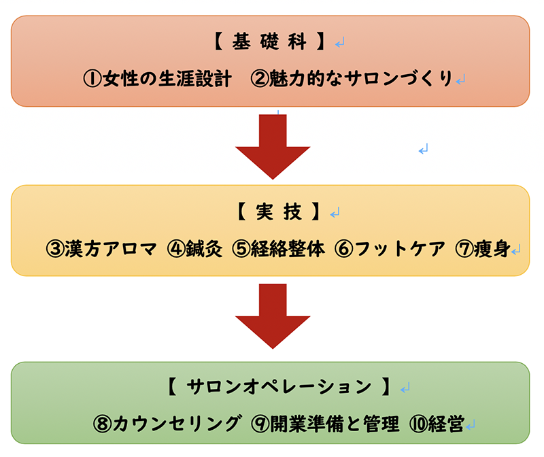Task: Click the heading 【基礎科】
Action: pos(271,43)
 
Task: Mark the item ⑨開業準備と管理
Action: pos(325,424)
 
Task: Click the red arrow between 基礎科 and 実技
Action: pos(272,146)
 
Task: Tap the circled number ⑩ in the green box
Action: pos(417,424)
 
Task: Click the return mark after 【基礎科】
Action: pos(340,44)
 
